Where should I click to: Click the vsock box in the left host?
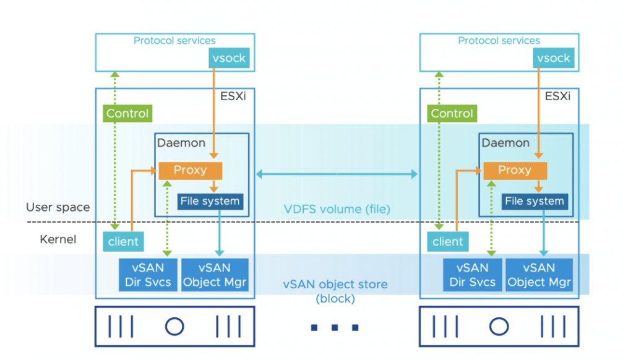pyautogui.click(x=229, y=58)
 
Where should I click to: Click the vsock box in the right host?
pyautogui.click(x=553, y=58)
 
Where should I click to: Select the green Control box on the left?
pyautogui.click(x=127, y=113)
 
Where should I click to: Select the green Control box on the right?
pyautogui.click(x=452, y=113)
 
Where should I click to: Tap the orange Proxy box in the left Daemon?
pyautogui.click(x=190, y=170)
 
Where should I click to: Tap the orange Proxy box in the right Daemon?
pyautogui.click(x=515, y=170)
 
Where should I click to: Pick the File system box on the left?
pyautogui.click(x=209, y=201)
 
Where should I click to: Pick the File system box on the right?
pyautogui.click(x=534, y=201)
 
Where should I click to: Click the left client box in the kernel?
pyautogui.click(x=123, y=241)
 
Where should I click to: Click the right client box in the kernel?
pyautogui.click(x=447, y=241)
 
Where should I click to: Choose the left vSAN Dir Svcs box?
pyautogui.click(x=148, y=275)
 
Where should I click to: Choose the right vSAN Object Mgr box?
pyautogui.click(x=539, y=275)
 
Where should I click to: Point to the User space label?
pyautogui.click(x=58, y=207)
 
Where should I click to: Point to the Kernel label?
pyautogui.click(x=58, y=239)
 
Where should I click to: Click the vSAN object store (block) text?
pyautogui.click(x=335, y=291)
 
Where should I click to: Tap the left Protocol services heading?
pyautogui.click(x=174, y=41)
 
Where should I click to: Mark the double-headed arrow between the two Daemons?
pyautogui.click(x=337, y=175)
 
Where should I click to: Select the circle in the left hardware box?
pyautogui.click(x=174, y=325)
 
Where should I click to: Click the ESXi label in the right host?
pyautogui.click(x=557, y=96)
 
